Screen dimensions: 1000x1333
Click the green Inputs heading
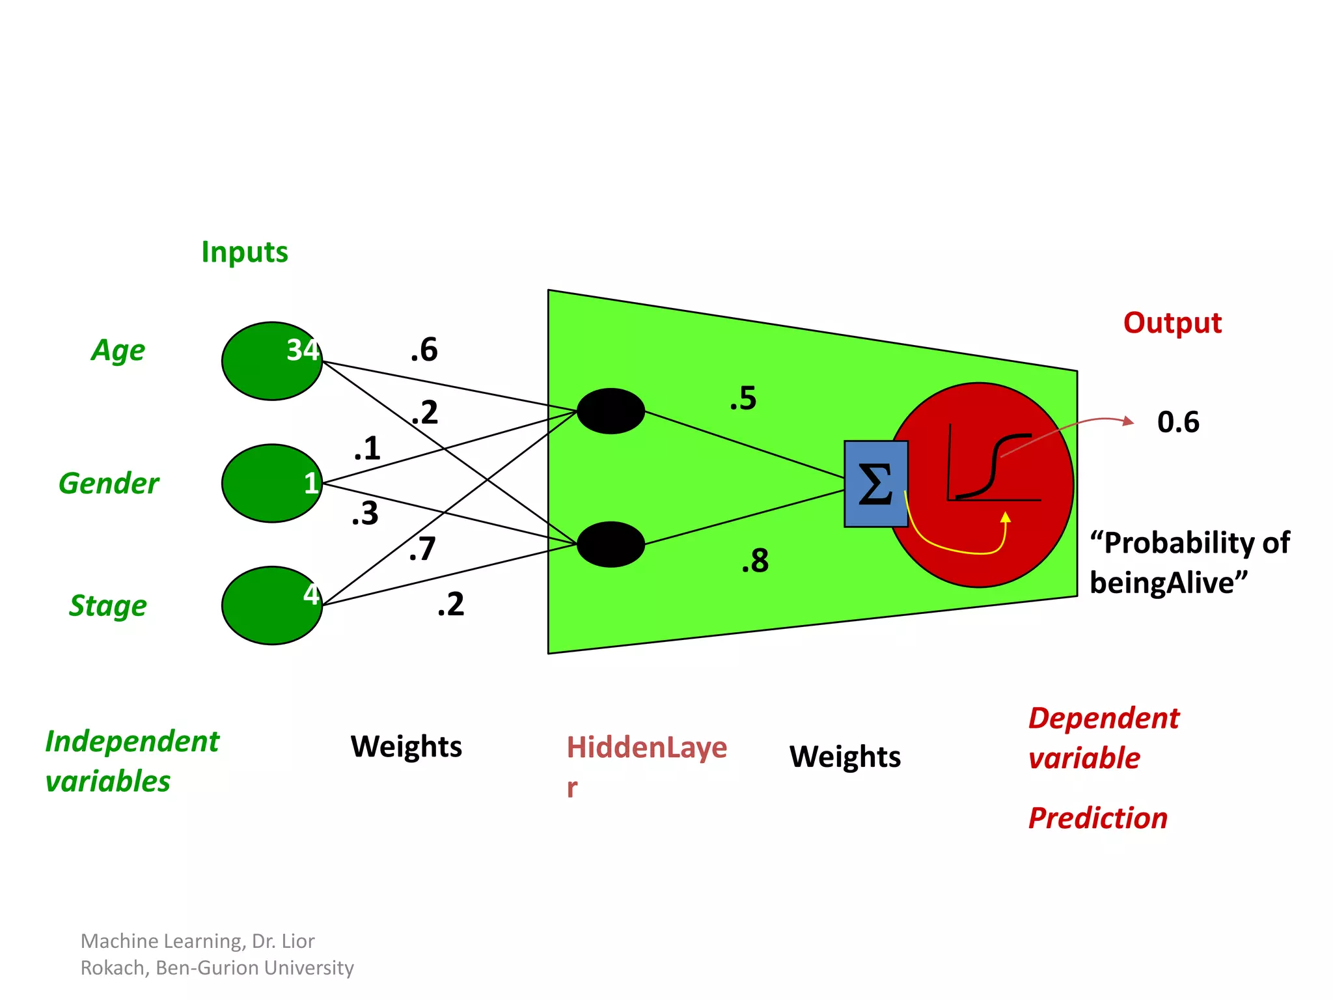coord(244,252)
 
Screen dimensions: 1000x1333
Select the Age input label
coord(118,351)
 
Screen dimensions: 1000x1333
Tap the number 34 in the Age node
coord(303,350)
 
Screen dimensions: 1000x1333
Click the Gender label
coord(109,484)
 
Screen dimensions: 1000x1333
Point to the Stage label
coord(108,605)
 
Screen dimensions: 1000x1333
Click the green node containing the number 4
coord(272,605)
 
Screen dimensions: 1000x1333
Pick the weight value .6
coord(424,350)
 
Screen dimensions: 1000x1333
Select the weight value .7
coord(422,549)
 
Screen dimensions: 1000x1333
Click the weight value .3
coord(365,514)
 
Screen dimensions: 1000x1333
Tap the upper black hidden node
coord(611,411)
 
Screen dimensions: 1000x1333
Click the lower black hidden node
coord(611,544)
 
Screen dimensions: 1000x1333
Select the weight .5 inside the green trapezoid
coord(743,398)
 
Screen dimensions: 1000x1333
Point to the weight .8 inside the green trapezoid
coord(755,561)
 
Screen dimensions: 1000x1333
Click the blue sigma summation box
coord(875,484)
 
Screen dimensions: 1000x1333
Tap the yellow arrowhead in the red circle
coord(1006,518)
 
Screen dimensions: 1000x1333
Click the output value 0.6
coord(1178,422)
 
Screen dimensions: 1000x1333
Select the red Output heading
coord(1172,323)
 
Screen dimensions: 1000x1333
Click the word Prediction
coord(1097,818)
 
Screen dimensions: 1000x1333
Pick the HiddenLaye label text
coord(646,747)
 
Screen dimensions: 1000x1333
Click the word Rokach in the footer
coord(115,968)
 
